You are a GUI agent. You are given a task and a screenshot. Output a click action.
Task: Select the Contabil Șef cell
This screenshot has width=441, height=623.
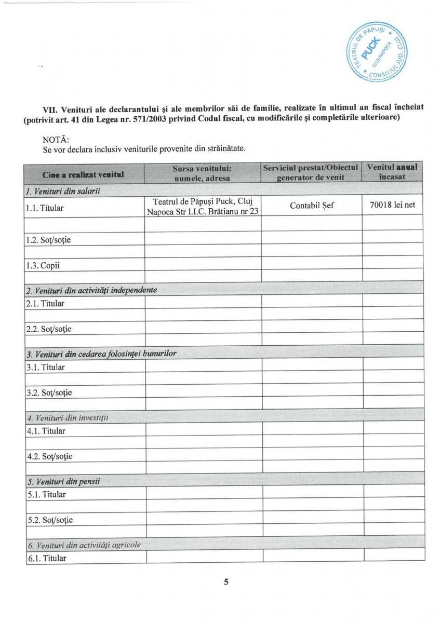click(x=311, y=206)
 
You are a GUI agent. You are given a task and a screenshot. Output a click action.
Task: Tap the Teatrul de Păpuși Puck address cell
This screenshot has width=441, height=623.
click(x=203, y=206)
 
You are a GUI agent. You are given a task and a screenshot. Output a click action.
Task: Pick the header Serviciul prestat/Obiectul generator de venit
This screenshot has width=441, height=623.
click(x=311, y=172)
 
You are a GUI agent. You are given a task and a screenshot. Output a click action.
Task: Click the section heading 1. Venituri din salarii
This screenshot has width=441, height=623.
click(x=63, y=191)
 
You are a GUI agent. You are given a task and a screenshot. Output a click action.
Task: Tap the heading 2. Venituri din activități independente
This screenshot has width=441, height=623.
click(x=91, y=290)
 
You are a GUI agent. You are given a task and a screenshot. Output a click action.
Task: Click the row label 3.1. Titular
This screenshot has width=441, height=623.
click(x=46, y=367)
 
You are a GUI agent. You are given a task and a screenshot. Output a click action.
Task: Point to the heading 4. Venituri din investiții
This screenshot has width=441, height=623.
click(x=68, y=417)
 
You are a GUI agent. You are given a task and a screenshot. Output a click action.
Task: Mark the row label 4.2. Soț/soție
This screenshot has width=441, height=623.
click(x=49, y=456)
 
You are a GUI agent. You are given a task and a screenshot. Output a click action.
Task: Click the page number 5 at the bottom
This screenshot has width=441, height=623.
click(x=226, y=581)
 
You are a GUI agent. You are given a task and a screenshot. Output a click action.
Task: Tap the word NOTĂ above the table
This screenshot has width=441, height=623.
click(x=56, y=139)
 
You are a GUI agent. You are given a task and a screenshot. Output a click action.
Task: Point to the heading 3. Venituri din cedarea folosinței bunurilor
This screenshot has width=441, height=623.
click(x=101, y=354)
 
